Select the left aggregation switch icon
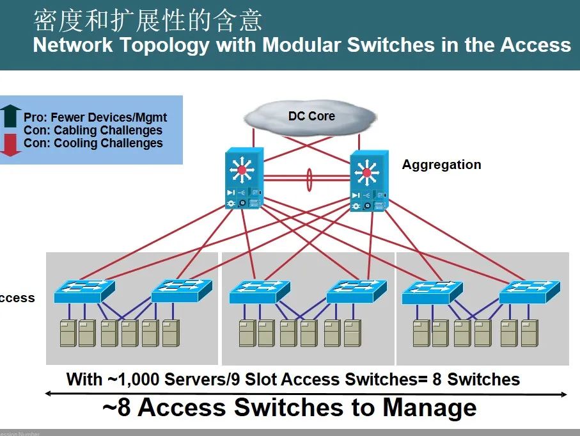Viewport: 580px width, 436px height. click(244, 179)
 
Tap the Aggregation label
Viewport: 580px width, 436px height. click(441, 165)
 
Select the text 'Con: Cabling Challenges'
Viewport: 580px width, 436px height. click(93, 131)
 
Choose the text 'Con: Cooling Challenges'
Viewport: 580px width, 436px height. click(93, 143)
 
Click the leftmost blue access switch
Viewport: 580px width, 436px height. click(84, 291)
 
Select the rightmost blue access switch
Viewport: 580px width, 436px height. click(529, 291)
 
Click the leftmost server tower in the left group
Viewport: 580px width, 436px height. click(68, 333)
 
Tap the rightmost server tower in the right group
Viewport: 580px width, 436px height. click(529, 333)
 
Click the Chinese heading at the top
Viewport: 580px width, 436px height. click(148, 20)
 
